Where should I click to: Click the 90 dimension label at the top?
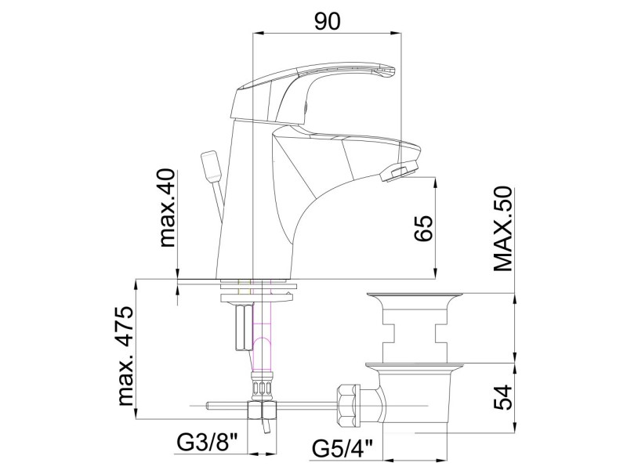[x=327, y=22]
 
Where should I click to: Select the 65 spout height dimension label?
[x=423, y=229]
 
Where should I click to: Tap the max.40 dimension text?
[x=168, y=208]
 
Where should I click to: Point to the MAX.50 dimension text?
[x=502, y=229]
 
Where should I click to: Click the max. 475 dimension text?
[x=125, y=356]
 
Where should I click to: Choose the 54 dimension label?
[x=502, y=397]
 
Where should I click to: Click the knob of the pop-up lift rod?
[x=211, y=164]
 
